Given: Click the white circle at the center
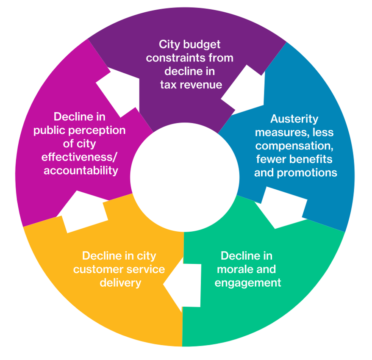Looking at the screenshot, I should [184, 177].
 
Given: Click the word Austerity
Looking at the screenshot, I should [294, 119].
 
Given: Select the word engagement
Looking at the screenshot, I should [248, 282].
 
